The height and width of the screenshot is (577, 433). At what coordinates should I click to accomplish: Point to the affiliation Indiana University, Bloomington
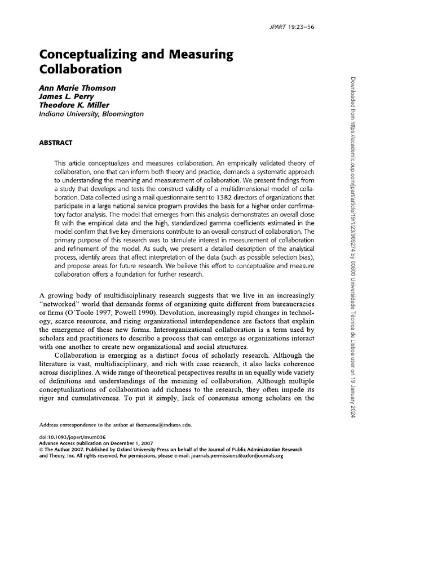coord(91,114)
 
